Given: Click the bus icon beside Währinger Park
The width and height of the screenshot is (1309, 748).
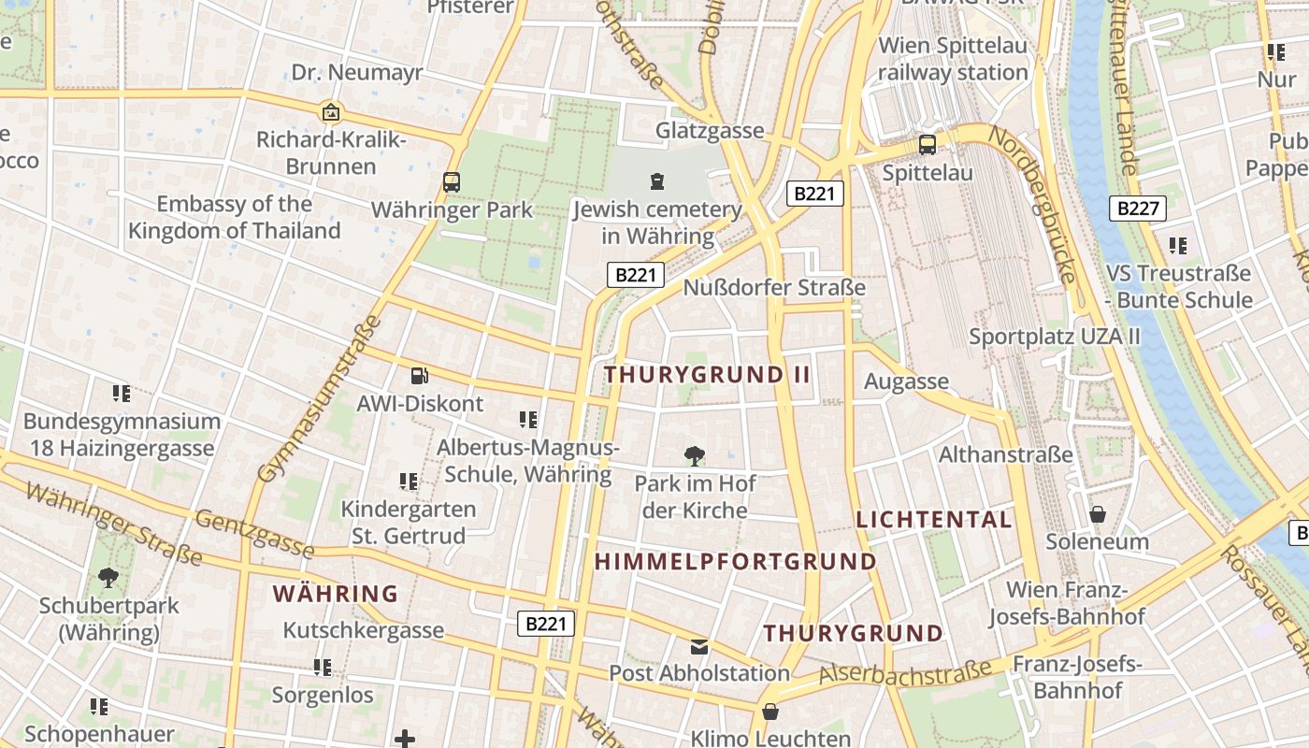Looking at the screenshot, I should [x=452, y=181].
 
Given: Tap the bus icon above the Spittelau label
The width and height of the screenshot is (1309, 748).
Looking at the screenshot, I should [x=928, y=145].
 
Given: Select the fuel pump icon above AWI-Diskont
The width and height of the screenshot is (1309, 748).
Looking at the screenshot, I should [x=420, y=376].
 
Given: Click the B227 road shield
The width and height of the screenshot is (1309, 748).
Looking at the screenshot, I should [x=1139, y=208].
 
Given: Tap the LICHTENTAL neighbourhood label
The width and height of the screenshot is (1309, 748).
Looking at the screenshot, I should [x=933, y=520].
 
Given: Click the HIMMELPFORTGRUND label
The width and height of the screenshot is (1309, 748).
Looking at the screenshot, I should [x=736, y=562].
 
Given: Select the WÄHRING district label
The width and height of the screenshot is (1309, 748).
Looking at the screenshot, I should [x=336, y=594].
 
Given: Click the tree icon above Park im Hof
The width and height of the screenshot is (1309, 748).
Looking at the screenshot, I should [x=694, y=456].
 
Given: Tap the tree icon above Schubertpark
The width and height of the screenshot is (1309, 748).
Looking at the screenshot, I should [x=108, y=578].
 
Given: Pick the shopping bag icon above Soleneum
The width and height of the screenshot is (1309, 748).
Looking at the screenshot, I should [x=1098, y=514].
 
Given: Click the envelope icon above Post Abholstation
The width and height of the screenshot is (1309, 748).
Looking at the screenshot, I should [x=699, y=646].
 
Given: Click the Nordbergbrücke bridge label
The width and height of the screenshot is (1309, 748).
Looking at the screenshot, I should [x=1034, y=205].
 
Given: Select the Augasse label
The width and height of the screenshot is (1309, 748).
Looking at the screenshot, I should [x=906, y=381].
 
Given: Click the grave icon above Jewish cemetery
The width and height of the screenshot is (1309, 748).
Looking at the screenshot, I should [x=656, y=181].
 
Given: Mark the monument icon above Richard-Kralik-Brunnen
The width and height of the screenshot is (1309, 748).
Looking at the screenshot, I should [x=330, y=113].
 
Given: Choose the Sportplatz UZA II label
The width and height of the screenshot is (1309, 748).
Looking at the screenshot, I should [x=1055, y=336].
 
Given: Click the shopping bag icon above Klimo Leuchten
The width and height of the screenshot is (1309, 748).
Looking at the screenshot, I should [x=770, y=712].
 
